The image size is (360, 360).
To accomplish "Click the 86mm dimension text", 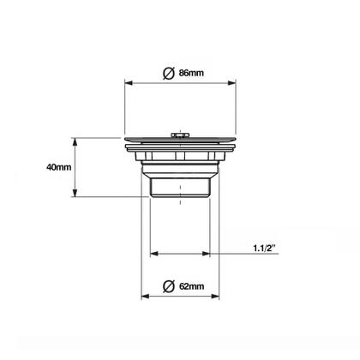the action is (191, 73).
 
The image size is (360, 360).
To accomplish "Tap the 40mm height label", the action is (59, 167).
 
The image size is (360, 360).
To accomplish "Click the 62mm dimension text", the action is (191, 286).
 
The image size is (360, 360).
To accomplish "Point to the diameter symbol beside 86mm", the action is (169, 73).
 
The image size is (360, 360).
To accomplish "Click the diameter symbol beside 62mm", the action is (169, 286).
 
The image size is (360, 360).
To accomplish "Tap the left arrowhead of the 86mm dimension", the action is (129, 83).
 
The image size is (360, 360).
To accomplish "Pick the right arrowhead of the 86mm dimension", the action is (231, 83).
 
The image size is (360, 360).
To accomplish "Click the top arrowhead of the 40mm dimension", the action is (75, 141).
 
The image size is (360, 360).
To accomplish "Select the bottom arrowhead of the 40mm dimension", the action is (75, 193).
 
